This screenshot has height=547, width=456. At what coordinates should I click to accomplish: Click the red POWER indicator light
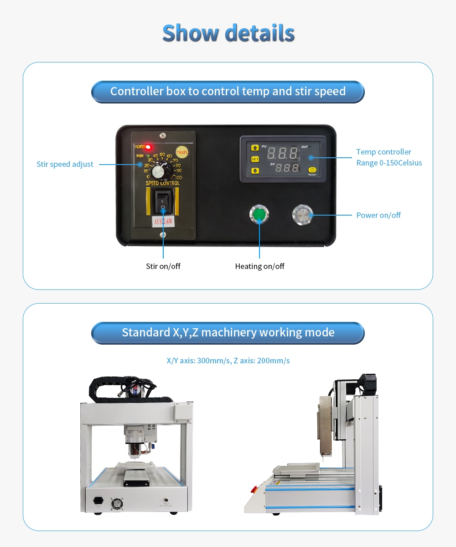click(148, 147)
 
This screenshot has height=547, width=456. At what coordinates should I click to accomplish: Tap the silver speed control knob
click(158, 172)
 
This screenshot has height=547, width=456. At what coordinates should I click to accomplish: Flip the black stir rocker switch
click(162, 201)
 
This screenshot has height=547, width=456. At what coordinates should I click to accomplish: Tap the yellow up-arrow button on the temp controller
click(255, 148)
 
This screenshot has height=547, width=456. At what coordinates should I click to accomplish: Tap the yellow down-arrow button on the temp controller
click(255, 170)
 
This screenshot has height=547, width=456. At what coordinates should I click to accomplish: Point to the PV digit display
click(283, 153)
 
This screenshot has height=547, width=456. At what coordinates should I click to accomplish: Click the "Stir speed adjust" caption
click(65, 164)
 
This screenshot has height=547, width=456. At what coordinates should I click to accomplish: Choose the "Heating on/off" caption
click(259, 266)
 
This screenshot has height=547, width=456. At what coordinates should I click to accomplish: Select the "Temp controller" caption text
click(383, 152)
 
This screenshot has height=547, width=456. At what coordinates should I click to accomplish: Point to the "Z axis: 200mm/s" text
click(261, 361)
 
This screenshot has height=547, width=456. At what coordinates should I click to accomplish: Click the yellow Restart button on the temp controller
click(312, 170)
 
